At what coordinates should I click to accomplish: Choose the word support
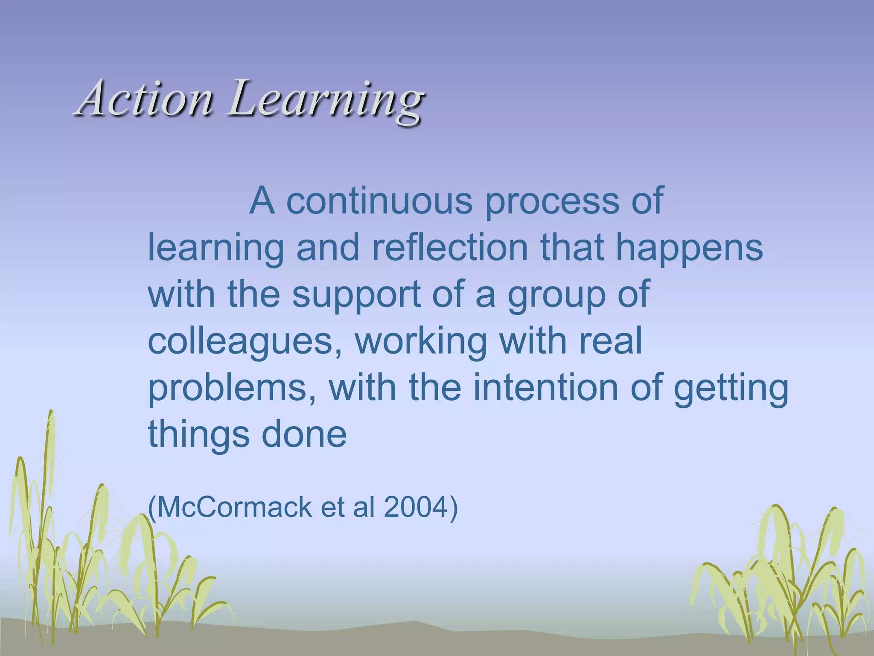[356, 296]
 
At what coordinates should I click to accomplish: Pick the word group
[556, 296]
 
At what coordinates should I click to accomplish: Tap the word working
[420, 343]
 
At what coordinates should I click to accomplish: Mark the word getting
[731, 389]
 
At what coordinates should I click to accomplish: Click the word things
[198, 435]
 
